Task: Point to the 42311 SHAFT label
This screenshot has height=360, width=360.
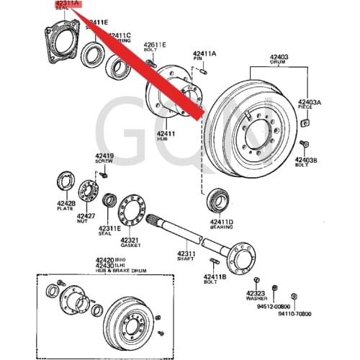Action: [186, 256]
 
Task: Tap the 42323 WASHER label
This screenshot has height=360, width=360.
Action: [256, 295]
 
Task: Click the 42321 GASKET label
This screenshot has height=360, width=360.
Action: [130, 242]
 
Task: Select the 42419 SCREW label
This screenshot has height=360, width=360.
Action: [105, 158]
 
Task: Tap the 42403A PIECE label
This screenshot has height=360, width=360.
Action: [310, 106]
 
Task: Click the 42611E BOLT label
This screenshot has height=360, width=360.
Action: [154, 48]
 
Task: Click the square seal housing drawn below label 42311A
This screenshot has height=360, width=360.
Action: [59, 44]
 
